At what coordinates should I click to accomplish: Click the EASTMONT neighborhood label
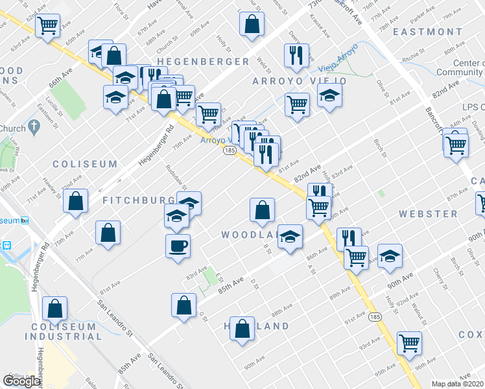pyautogui.click(x=428, y=32)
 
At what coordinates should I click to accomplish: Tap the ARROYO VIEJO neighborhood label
pyautogui.click(x=299, y=81)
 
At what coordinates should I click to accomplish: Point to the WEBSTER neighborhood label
pyautogui.click(x=428, y=213)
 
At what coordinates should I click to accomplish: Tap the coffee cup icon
pyautogui.click(x=178, y=246)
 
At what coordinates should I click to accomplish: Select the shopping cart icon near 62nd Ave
pyautogui.click(x=47, y=27)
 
